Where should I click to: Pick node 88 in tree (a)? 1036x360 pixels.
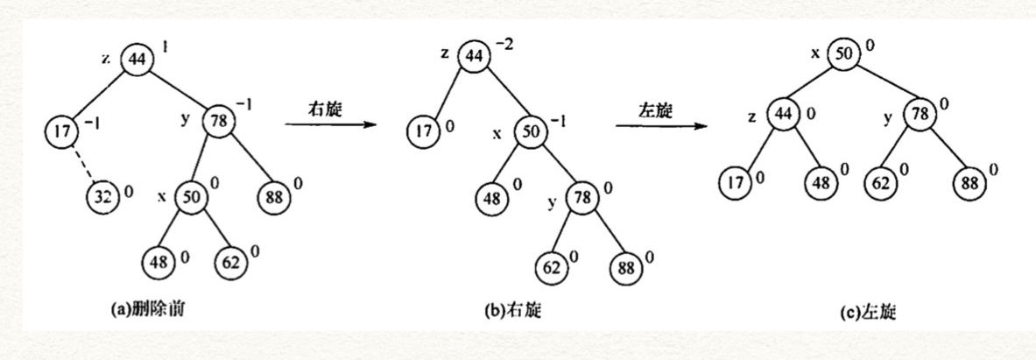(273, 195)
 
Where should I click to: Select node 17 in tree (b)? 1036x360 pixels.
(424, 133)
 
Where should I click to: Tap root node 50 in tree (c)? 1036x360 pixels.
(843, 53)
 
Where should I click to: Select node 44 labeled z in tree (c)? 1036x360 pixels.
(783, 114)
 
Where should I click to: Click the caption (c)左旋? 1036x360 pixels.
(877, 310)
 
